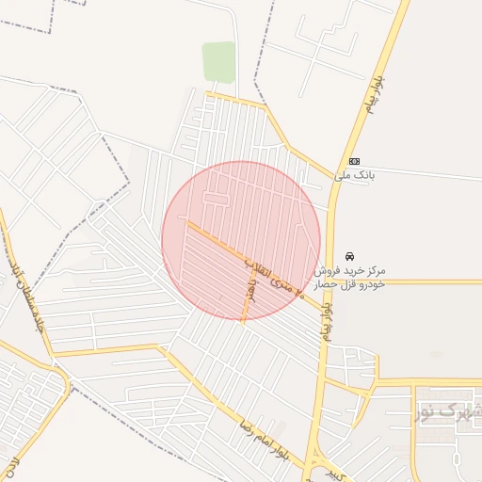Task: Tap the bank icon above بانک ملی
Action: pyautogui.click(x=353, y=161)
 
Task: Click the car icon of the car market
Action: pyautogui.click(x=350, y=255)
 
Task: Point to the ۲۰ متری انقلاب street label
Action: pyautogui.click(x=275, y=276)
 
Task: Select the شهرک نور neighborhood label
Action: pyautogui.click(x=448, y=411)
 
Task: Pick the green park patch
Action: pyautogui.click(x=218, y=62)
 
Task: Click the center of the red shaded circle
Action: pyautogui.click(x=242, y=240)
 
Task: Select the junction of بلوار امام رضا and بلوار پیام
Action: pyautogui.click(x=308, y=468)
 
